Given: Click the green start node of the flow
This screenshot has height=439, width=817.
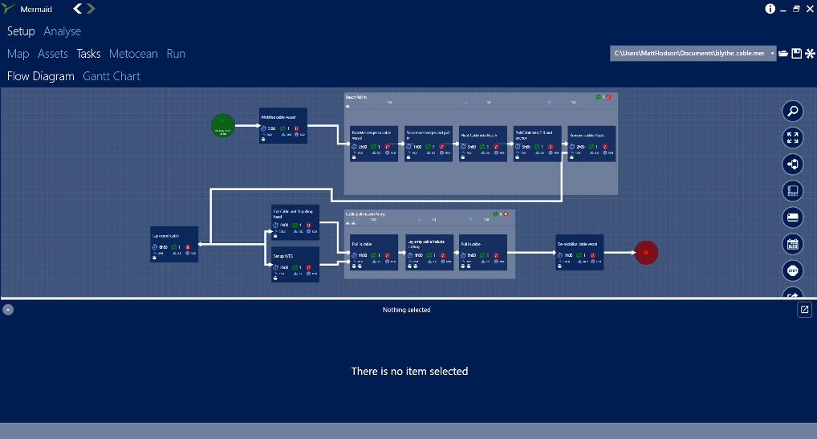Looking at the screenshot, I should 222,126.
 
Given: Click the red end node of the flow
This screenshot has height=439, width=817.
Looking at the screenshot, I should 646,252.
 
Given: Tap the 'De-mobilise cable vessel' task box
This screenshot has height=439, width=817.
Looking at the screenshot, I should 579,252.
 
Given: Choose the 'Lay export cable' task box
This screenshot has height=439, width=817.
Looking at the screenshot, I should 174,244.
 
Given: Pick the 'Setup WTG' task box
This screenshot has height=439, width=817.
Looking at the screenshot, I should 295,264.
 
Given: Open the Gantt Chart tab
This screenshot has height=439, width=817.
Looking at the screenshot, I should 112,76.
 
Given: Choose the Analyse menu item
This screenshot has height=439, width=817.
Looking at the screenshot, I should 63,31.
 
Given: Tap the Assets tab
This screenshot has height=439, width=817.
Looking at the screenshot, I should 53,54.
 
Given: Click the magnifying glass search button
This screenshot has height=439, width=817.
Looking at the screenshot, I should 793,112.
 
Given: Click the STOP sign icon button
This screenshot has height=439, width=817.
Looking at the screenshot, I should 793,270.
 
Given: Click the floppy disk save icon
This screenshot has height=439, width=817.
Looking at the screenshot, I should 796,54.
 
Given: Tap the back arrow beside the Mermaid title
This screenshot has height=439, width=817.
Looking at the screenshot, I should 77,9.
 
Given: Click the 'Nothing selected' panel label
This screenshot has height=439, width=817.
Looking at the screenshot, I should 406,310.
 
